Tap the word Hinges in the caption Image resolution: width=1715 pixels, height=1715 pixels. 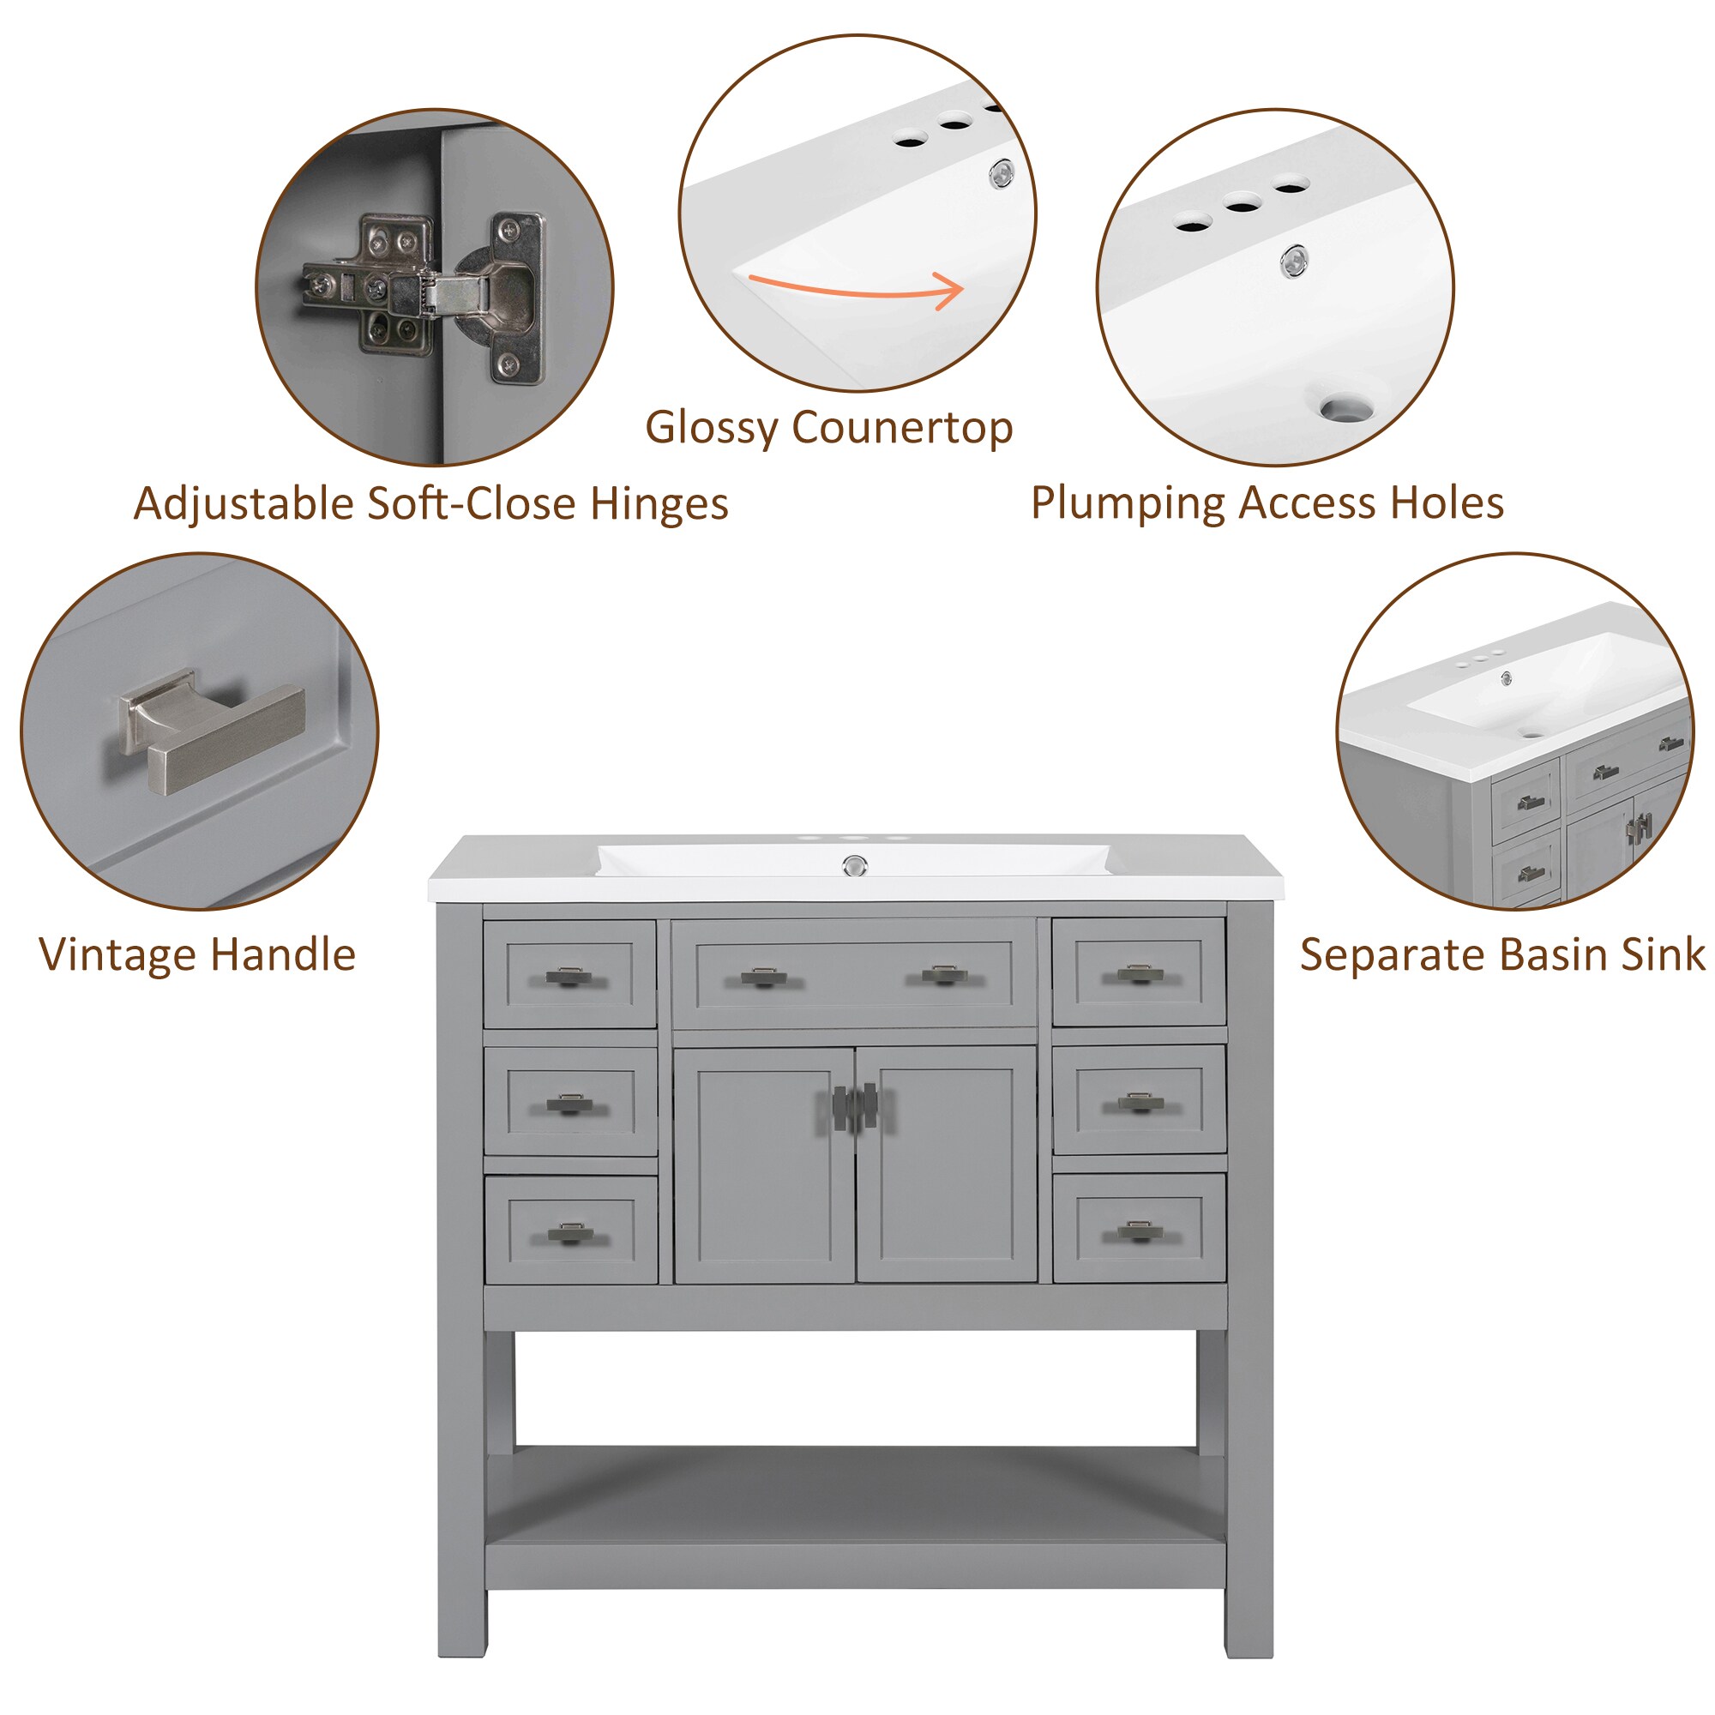[x=659, y=503]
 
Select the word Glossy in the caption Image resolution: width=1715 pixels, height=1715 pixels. [x=710, y=427]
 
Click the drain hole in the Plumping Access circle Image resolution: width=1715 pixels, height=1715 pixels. [x=1345, y=409]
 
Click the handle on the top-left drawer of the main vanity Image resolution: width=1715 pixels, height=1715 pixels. [x=569, y=978]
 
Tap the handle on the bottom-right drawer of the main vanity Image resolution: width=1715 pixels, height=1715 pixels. [x=1139, y=1232]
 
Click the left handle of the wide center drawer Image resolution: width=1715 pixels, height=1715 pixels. [x=763, y=978]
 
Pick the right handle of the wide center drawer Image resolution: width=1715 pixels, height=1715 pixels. [x=944, y=976]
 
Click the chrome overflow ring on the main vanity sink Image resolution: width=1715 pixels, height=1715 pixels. [x=854, y=864]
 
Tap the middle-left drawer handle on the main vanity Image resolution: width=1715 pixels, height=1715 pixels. [x=569, y=1104]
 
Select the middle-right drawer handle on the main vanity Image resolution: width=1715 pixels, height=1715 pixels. [x=1139, y=1103]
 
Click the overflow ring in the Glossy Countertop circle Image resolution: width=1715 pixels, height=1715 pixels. [x=1002, y=173]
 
